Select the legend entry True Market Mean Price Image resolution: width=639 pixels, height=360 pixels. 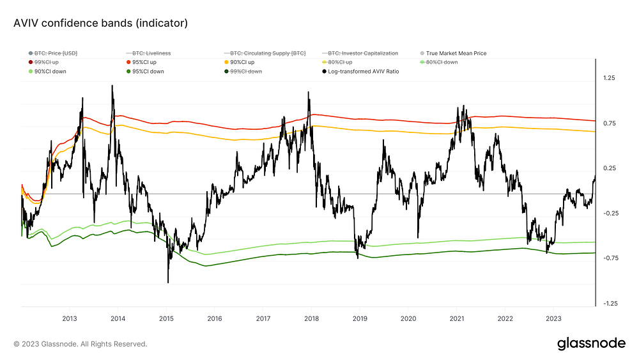coord(453,54)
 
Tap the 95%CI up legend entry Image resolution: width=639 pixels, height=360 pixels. coord(141,63)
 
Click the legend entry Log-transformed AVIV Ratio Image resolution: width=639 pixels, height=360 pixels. coord(360,72)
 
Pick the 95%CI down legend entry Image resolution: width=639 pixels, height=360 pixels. coord(145,72)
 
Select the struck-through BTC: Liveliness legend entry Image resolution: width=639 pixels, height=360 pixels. coord(148,54)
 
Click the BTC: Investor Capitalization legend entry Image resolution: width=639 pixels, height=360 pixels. coord(360,54)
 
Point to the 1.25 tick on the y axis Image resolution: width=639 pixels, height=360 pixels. coord(609,78)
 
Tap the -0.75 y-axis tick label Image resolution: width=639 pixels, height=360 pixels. coord(610,258)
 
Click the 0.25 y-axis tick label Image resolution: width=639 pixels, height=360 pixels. coord(609,168)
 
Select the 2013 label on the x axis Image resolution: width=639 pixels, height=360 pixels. coord(69,318)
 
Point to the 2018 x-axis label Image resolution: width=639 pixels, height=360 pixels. coord(311,318)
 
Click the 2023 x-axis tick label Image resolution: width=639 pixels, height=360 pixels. coord(553,318)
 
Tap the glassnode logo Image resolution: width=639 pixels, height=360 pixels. coord(591,343)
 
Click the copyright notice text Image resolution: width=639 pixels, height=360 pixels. coord(81,344)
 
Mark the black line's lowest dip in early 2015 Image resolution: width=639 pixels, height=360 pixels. coord(168,282)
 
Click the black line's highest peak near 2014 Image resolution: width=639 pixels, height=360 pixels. coord(112,86)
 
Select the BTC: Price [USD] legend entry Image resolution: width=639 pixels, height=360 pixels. coord(53,54)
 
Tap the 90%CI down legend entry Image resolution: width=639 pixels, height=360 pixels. coord(47,72)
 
